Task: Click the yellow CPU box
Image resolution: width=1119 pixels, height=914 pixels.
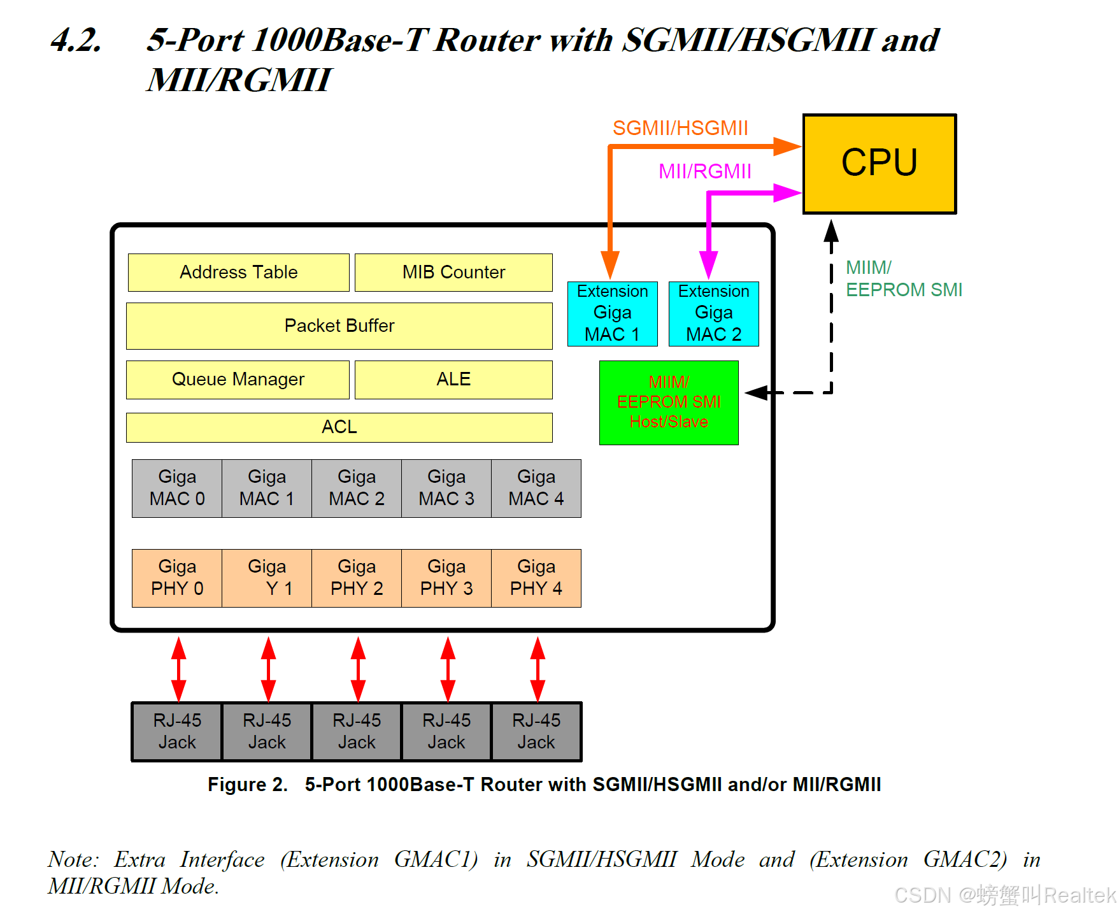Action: tap(879, 164)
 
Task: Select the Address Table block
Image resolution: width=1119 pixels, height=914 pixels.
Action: tap(238, 273)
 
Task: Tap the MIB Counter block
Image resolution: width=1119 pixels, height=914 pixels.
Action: tap(453, 273)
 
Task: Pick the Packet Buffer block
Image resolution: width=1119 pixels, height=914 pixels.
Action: tap(339, 326)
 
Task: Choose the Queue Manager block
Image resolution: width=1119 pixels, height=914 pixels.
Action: tap(238, 380)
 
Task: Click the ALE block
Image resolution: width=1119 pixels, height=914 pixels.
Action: tap(453, 380)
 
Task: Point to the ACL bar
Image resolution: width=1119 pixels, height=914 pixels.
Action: tap(339, 427)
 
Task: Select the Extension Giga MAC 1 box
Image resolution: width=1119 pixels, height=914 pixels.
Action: tap(612, 314)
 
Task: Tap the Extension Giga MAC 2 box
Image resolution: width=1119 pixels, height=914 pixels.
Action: tap(713, 314)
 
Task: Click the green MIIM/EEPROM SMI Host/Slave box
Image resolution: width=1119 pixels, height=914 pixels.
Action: tap(669, 403)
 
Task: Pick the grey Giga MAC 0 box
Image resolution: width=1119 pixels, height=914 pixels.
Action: tap(177, 489)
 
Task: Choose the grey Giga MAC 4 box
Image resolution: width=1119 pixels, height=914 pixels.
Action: tap(536, 489)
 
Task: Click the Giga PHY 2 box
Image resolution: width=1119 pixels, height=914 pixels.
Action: tap(357, 578)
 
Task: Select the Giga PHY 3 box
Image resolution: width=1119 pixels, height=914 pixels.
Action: tap(446, 578)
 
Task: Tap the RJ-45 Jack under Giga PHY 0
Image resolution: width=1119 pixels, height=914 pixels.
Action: tap(177, 732)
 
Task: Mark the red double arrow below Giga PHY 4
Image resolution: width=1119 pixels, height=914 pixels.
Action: tap(538, 669)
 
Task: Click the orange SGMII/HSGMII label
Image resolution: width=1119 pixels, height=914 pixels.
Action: tap(680, 129)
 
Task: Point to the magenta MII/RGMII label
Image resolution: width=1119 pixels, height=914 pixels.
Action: tap(704, 171)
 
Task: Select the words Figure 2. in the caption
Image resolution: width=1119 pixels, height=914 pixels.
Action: tap(248, 785)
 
